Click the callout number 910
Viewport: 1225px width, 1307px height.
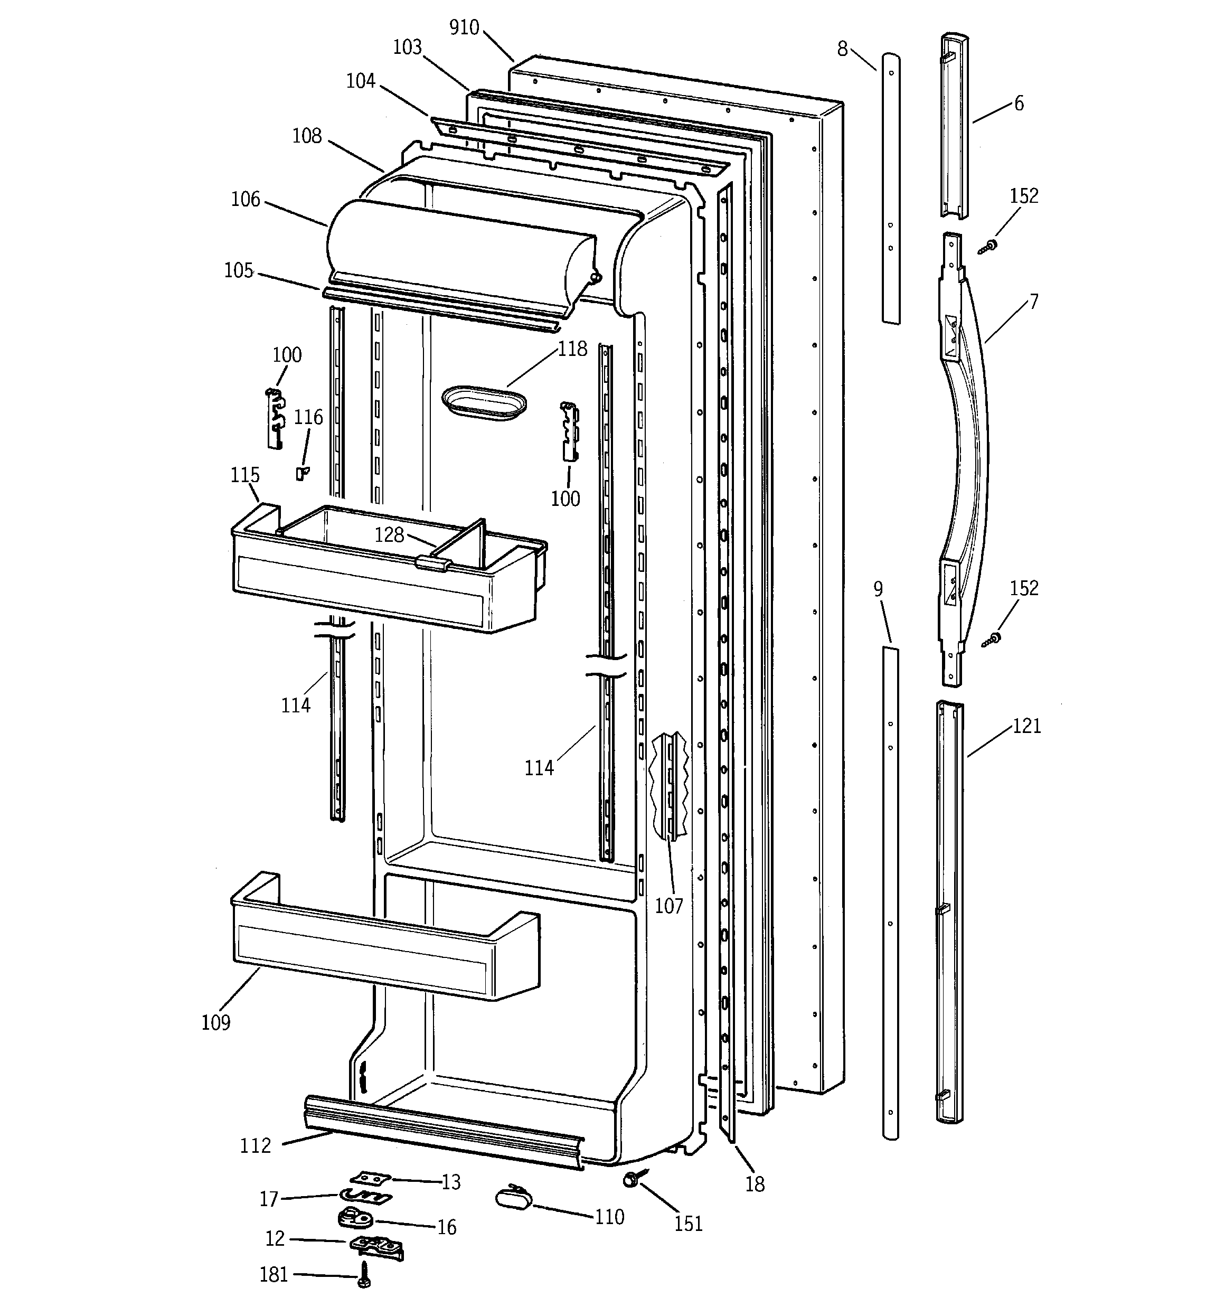tap(464, 27)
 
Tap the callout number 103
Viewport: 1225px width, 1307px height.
tap(407, 48)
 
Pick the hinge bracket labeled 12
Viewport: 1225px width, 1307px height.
tap(375, 1245)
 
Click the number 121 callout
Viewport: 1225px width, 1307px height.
tap(1027, 727)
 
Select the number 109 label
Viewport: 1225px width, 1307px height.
tap(215, 1023)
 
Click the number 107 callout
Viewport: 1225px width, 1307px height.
tap(668, 906)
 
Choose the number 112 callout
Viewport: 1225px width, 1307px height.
tap(255, 1146)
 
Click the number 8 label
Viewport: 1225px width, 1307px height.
tap(842, 49)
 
